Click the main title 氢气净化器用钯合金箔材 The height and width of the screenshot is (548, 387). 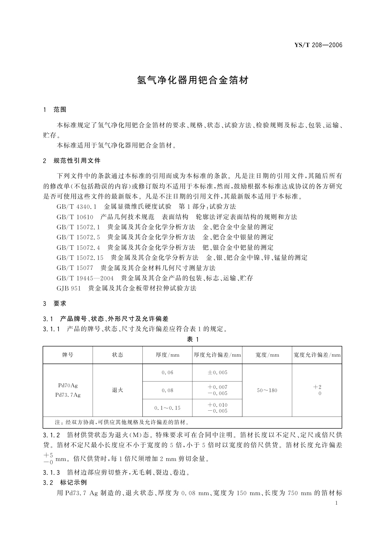(193, 80)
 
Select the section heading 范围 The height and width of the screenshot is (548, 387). (60, 110)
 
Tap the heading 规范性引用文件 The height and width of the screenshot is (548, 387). (77, 160)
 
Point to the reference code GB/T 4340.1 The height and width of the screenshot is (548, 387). (77, 207)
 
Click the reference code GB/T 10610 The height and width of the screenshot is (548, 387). (75, 217)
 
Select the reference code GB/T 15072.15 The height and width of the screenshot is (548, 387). (80, 258)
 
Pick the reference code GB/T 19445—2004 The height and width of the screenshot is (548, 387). (85, 278)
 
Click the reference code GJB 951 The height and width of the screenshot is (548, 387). (69, 288)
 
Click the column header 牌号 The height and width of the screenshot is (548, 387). (68, 355)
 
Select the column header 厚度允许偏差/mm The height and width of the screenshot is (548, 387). (217, 355)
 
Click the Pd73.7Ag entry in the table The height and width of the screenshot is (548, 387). (68, 395)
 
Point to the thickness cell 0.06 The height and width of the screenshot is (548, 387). (167, 373)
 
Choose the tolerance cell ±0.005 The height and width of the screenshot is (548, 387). (217, 373)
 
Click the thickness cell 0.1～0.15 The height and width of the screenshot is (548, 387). (167, 408)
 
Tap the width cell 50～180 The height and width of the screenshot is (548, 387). (267, 390)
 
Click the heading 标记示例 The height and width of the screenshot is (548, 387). (73, 482)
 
